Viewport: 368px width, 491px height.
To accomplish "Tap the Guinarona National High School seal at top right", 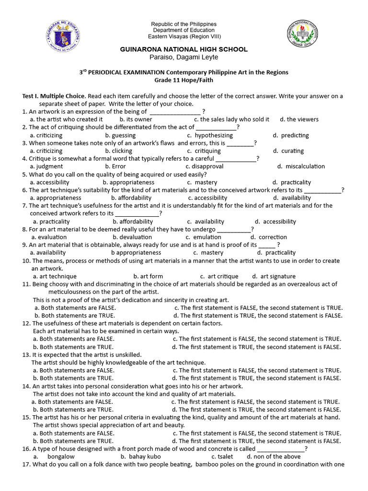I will [305, 34].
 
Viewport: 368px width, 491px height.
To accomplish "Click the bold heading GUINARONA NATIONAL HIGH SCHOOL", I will [184, 49].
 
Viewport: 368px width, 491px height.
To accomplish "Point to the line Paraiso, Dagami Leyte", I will [184, 57].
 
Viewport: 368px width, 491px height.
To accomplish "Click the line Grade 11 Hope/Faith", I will [184, 80].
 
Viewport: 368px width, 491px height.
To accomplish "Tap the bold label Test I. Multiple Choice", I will [54, 96].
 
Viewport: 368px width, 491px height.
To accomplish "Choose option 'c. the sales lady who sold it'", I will [231, 119].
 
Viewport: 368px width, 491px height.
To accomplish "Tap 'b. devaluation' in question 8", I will [132, 237].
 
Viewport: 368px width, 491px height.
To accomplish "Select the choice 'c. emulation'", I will [203, 237].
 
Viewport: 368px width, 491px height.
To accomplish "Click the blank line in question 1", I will [175, 112].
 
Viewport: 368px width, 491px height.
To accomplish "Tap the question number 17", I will [26, 464].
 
